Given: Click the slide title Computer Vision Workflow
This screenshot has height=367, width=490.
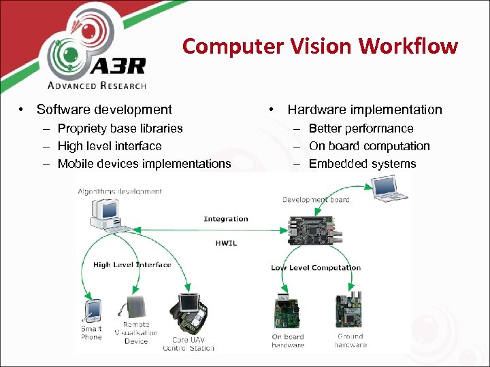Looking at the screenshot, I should click(320, 46).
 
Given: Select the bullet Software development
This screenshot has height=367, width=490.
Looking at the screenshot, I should click(104, 109).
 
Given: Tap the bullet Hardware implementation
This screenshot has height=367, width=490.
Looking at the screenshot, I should click(364, 109).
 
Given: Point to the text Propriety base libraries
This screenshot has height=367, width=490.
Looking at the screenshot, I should click(120, 128).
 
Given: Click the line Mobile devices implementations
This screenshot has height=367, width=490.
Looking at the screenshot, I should click(144, 164).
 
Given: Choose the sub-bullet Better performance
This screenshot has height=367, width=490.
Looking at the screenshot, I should click(361, 128).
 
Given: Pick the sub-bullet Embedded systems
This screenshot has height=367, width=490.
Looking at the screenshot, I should click(362, 164).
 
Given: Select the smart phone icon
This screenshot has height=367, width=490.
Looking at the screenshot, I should click(93, 311).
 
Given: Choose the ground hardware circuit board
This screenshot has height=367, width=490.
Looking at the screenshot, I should click(351, 311).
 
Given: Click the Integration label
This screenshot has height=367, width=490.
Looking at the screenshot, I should click(226, 219).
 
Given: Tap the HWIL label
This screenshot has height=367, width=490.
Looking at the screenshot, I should click(226, 243).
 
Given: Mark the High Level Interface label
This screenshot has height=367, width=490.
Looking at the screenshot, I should click(132, 265).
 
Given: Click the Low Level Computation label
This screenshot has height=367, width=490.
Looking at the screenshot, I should click(315, 268).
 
